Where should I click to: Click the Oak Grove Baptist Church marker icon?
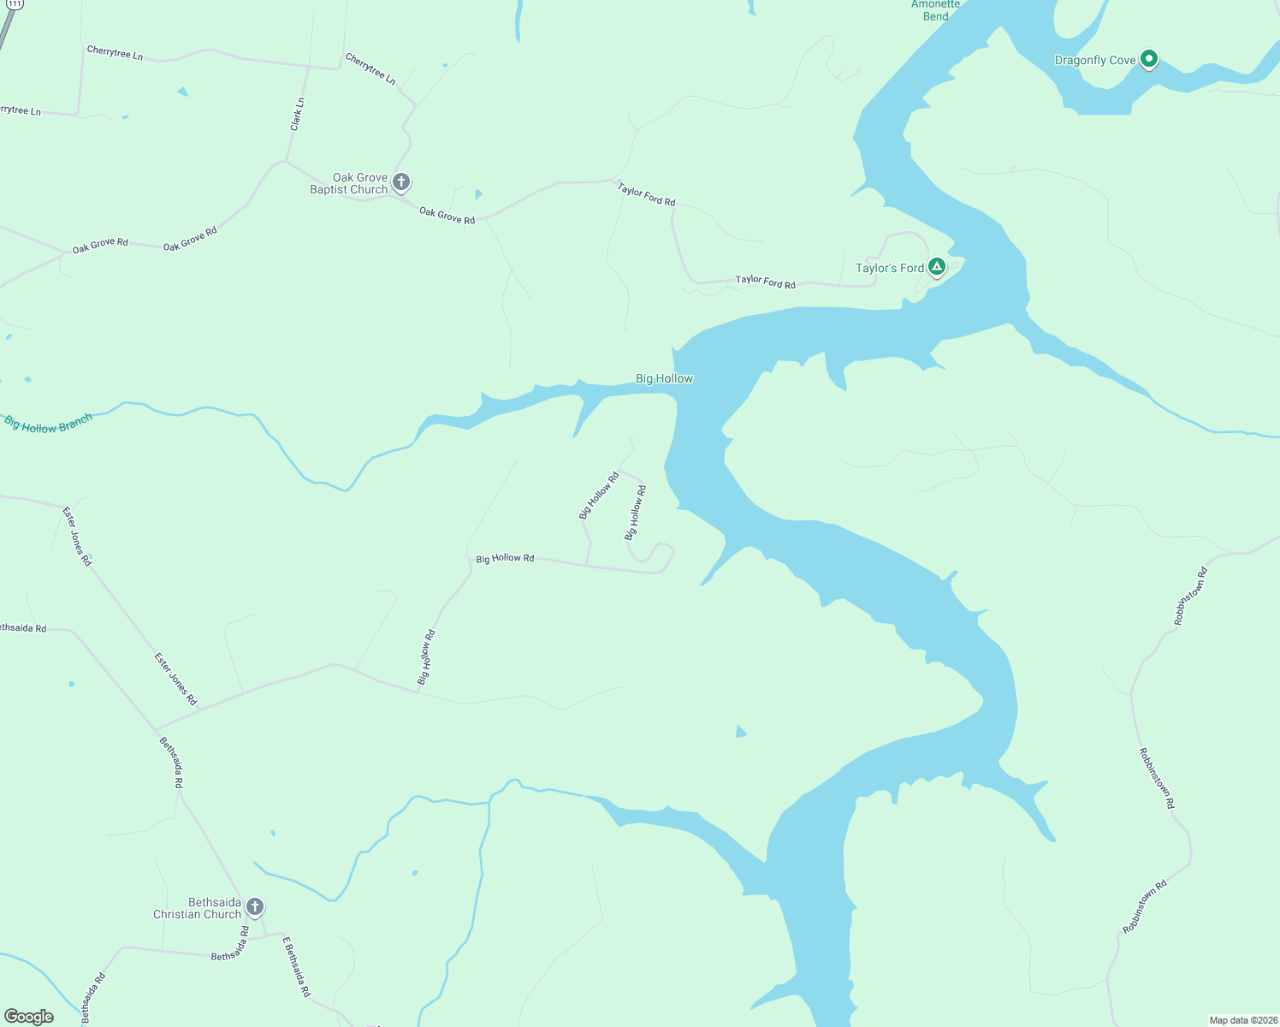(x=400, y=181)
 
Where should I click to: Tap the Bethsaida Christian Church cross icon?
(x=254, y=906)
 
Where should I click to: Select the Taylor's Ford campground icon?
(x=937, y=267)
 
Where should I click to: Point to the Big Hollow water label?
(x=664, y=378)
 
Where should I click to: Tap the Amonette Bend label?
(x=935, y=10)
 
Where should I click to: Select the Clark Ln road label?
(x=297, y=114)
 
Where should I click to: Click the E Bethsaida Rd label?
(x=296, y=966)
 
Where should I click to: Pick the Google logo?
(x=28, y=1017)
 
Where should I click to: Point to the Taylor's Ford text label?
(x=890, y=268)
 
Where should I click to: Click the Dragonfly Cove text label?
(x=1095, y=60)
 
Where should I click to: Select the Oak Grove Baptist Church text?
(x=349, y=183)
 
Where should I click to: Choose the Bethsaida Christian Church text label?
(x=198, y=908)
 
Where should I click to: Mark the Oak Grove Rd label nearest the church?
(x=447, y=215)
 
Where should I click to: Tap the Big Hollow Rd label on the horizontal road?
(x=505, y=558)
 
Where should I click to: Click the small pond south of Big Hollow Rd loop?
(x=740, y=732)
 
